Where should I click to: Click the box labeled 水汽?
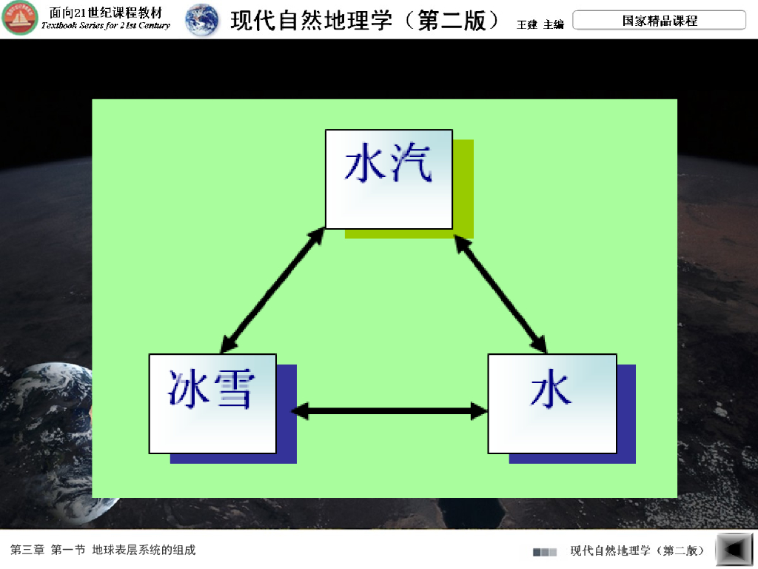pos(389,179)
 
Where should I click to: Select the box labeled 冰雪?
pos(212,403)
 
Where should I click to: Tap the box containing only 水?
pos(551,403)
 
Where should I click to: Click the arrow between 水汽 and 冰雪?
pos(273,290)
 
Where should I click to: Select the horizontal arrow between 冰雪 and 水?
pos(389,410)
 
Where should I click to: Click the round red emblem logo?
pos(20,19)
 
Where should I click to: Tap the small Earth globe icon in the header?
pos(202,20)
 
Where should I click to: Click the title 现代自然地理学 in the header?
pos(311,21)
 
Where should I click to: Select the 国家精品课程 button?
pos(659,21)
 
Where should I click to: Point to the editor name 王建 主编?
pos(540,24)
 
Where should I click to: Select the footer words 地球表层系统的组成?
pos(144,550)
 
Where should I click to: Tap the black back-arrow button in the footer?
pos(735,550)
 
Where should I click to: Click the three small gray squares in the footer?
pos(545,552)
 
